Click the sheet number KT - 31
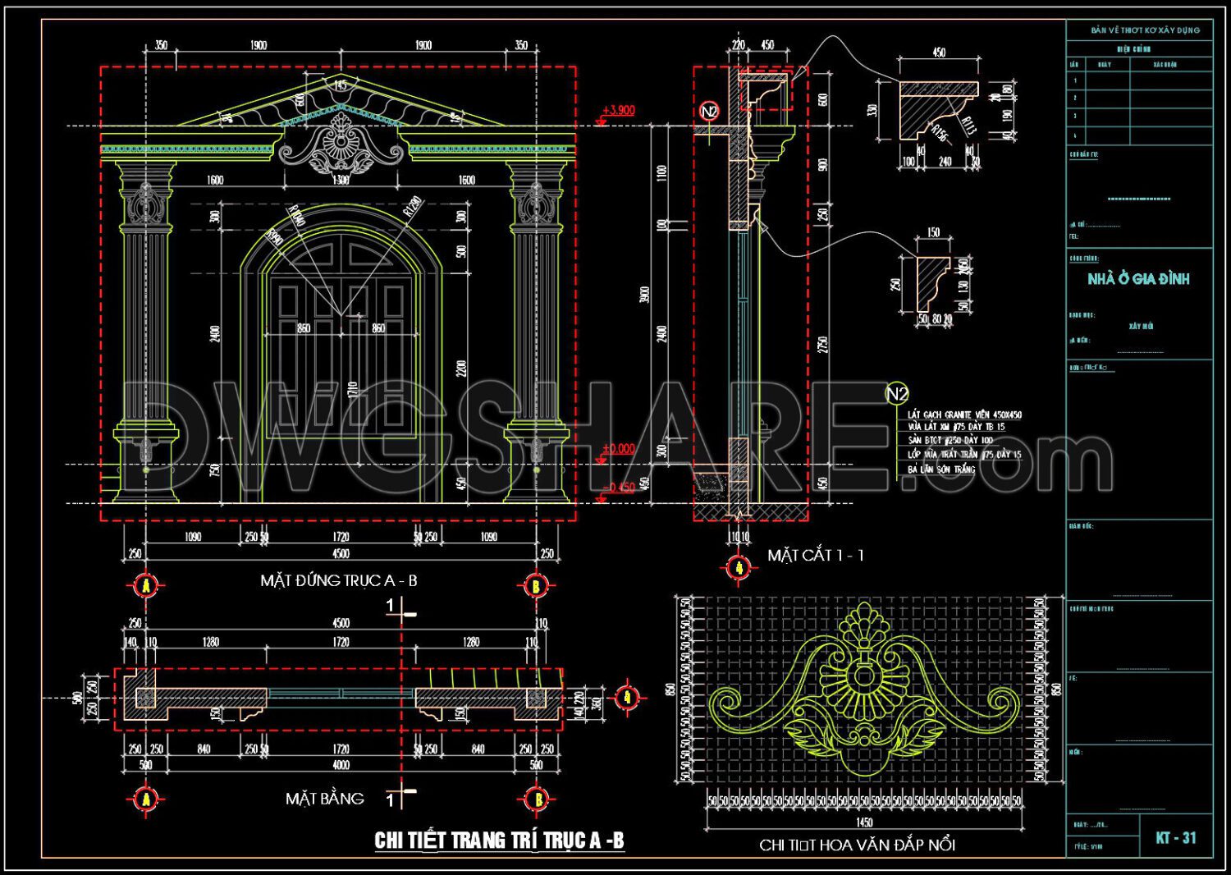point(1176,838)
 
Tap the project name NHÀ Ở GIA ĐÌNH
point(1138,279)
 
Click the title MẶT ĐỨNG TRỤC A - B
point(338,580)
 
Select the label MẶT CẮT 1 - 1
point(815,556)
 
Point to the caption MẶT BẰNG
point(324,799)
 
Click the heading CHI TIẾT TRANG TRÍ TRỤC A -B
point(499,841)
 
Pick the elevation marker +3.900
point(618,110)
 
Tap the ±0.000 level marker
point(618,449)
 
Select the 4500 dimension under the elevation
point(340,553)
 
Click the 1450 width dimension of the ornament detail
point(864,822)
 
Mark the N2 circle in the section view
point(709,111)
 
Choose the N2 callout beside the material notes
point(897,394)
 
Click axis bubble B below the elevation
point(535,585)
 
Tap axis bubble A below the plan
point(145,798)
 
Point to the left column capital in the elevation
point(146,174)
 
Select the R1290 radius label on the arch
point(413,205)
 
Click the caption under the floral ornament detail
point(857,845)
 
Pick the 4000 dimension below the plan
point(341,765)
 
